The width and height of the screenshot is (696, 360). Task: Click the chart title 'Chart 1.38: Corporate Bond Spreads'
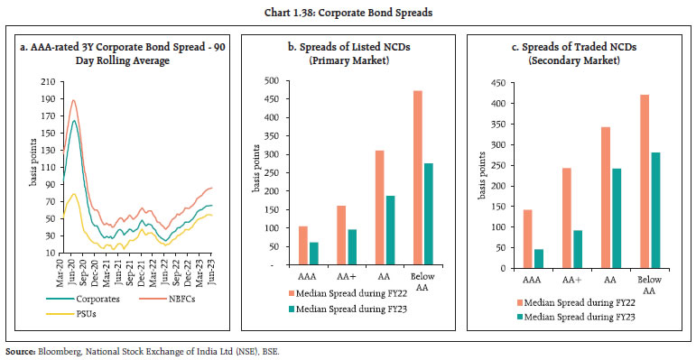[348, 11]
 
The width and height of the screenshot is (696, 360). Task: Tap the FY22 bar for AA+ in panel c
[566, 218]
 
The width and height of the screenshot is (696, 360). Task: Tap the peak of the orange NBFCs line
[72, 100]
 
